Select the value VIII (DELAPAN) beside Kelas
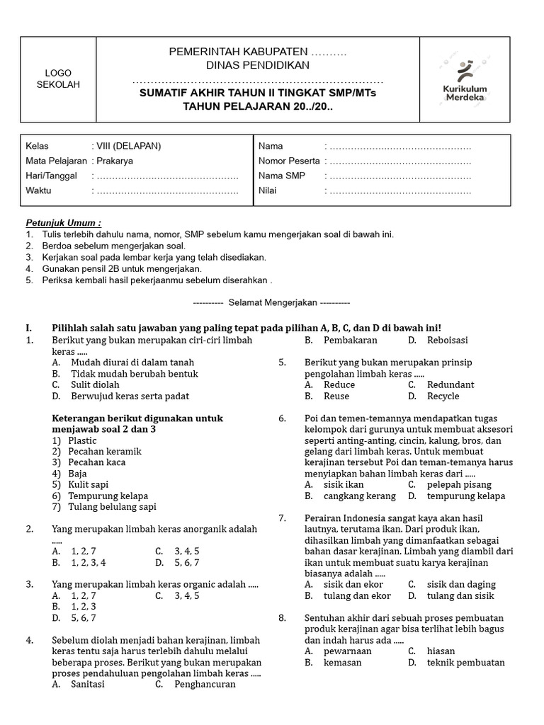coord(128,146)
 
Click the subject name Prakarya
coord(115,161)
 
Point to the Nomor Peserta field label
coord(289,161)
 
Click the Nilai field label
coord(267,190)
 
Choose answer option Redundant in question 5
coord(450,384)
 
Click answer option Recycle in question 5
coord(443,396)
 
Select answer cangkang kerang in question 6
coord(350,496)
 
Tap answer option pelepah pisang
coord(458,484)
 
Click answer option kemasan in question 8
coord(343,662)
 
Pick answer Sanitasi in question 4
coord(88,684)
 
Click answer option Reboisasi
coord(447,340)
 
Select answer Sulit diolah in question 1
coord(95,384)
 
